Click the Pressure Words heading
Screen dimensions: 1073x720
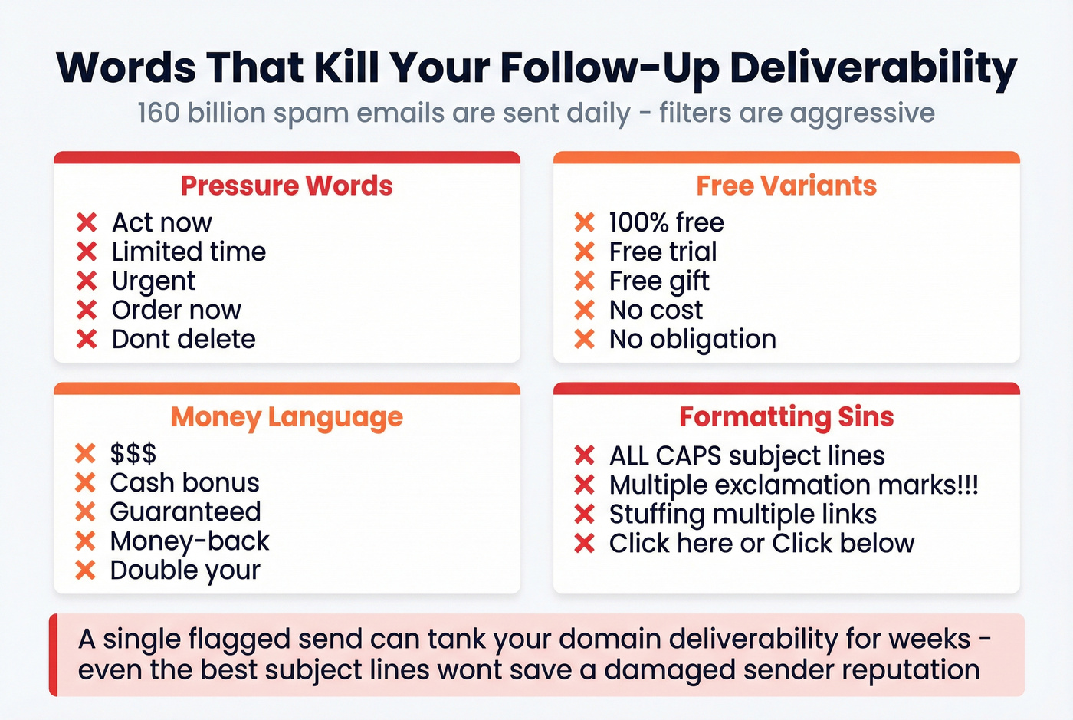(287, 186)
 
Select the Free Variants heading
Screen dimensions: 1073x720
(786, 186)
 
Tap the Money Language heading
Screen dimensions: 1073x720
(287, 417)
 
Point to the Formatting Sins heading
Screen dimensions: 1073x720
(786, 417)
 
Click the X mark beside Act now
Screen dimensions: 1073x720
(87, 222)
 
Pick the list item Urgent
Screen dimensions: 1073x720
(153, 281)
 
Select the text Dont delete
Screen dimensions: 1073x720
(183, 339)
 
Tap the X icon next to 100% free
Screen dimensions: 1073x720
(584, 222)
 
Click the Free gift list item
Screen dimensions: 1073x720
(659, 281)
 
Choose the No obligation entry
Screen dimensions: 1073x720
(692, 339)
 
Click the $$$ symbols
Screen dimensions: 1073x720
(133, 454)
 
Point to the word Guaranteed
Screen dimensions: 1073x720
(185, 511)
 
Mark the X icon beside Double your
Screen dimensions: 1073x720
(85, 570)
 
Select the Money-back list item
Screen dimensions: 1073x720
(189, 541)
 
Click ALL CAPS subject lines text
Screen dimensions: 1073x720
(747, 455)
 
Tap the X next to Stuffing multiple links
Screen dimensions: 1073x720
(584, 514)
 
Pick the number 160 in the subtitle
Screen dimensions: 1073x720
(158, 113)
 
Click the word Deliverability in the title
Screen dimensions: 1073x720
(874, 67)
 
